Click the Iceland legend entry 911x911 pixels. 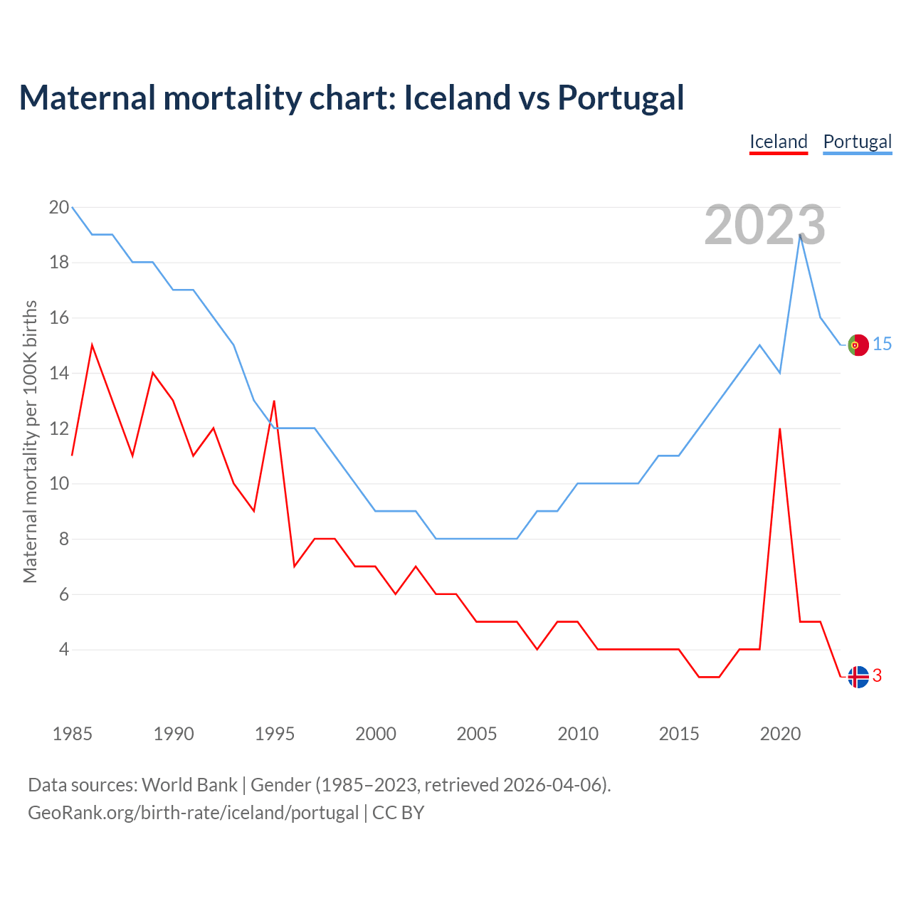pos(779,142)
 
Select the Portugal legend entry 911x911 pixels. pos(857,142)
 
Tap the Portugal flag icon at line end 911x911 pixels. pos(858,344)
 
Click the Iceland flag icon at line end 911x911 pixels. pos(858,677)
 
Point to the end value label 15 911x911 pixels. pos(882,344)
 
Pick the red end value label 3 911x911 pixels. pos(877,676)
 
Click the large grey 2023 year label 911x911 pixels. pos(764,225)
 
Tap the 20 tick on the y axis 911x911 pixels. pos(58,208)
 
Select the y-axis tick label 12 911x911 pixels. pos(58,429)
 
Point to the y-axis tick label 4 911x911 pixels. pos(63,650)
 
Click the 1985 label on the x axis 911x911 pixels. pos(73,734)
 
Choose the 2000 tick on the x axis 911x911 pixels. pos(376,734)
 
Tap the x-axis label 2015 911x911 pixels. pos(679,734)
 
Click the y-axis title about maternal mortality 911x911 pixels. pos(30,441)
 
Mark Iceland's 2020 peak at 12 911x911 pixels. pos(780,428)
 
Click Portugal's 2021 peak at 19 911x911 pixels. pos(801,235)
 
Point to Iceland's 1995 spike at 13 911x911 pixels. pos(274,401)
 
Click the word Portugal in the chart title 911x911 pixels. pos(621,98)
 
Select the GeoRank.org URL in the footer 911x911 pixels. pos(193,813)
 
